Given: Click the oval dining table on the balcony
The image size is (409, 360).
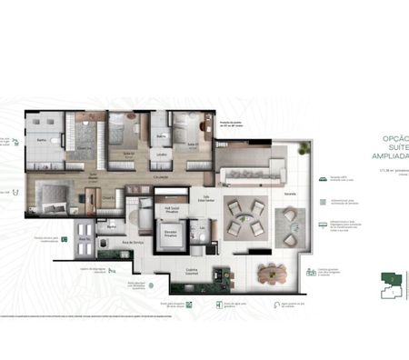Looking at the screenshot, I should (270, 270).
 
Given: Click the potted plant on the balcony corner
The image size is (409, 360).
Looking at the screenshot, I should (302, 147).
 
